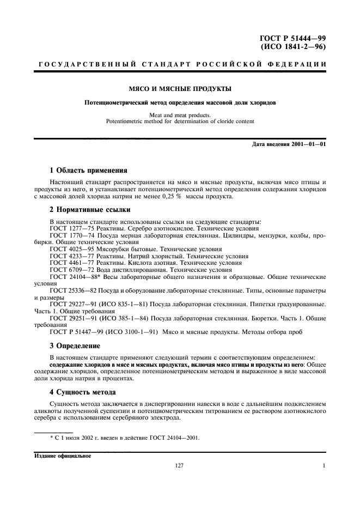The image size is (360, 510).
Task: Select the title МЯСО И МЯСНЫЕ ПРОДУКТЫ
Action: click(x=179, y=88)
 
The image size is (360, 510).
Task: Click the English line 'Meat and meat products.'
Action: click(x=180, y=115)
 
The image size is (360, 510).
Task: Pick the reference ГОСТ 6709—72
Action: click(x=70, y=269)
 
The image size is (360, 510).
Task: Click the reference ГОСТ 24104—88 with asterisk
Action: click(x=71, y=276)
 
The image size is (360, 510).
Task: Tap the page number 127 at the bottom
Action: click(x=179, y=466)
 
